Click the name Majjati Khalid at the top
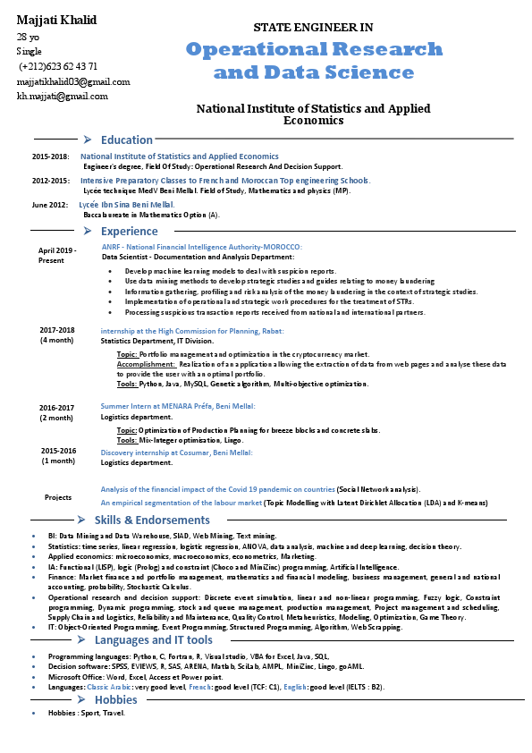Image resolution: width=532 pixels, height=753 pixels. coord(56,20)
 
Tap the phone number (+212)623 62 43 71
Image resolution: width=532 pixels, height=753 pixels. coord(58,66)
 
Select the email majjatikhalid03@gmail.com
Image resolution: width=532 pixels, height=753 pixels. coord(73,81)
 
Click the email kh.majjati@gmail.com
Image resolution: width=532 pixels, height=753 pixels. coord(62,97)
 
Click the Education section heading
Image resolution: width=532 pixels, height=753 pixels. coord(126,140)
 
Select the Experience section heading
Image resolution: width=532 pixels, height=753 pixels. coord(129,232)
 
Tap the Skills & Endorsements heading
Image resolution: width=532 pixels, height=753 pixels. coord(152,520)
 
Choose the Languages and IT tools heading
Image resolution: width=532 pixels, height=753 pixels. coord(153,639)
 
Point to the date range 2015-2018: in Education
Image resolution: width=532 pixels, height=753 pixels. coord(51,157)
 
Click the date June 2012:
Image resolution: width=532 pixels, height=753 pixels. coord(50,205)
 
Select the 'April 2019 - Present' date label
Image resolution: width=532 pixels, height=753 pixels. coord(57,255)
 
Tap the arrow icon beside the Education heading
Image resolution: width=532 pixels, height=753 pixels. coord(87,140)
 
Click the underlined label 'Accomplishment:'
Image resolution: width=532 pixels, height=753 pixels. coord(147,364)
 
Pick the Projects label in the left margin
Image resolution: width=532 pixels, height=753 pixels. coord(58,497)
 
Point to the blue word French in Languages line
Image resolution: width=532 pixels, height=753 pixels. coord(200,686)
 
